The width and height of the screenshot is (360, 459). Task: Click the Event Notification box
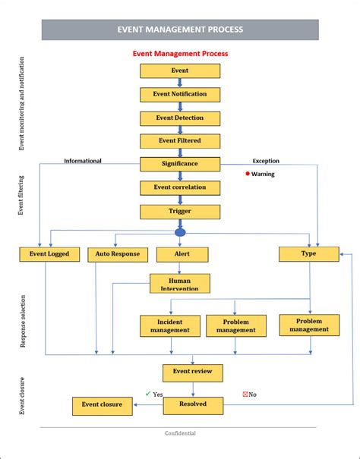coord(180,95)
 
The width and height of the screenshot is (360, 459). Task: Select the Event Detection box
coord(180,118)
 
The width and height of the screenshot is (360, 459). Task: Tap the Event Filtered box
coord(180,141)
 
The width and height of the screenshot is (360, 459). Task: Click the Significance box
coord(180,164)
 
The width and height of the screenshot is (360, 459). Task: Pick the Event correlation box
coord(180,188)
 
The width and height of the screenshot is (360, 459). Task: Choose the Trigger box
coord(180,212)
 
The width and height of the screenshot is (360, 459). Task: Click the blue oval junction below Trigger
coord(180,233)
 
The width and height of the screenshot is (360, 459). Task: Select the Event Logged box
coord(49,254)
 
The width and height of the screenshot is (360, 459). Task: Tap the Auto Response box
coord(118,255)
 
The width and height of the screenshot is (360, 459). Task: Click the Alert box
coord(182,254)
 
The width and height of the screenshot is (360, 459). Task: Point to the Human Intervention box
coord(180,283)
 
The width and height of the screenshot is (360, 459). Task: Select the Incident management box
coord(170,326)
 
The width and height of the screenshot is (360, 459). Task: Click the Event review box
coord(193,373)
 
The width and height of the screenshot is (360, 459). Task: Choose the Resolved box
coord(193,406)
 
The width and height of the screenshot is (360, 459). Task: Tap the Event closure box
coord(103,406)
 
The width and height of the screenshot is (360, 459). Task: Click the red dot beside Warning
coord(248,174)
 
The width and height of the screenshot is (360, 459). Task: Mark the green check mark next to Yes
coord(148,394)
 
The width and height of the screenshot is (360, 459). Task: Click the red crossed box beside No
coord(245,395)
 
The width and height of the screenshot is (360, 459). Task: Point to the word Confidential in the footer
coord(180,433)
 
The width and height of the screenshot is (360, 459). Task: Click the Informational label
coord(83,161)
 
